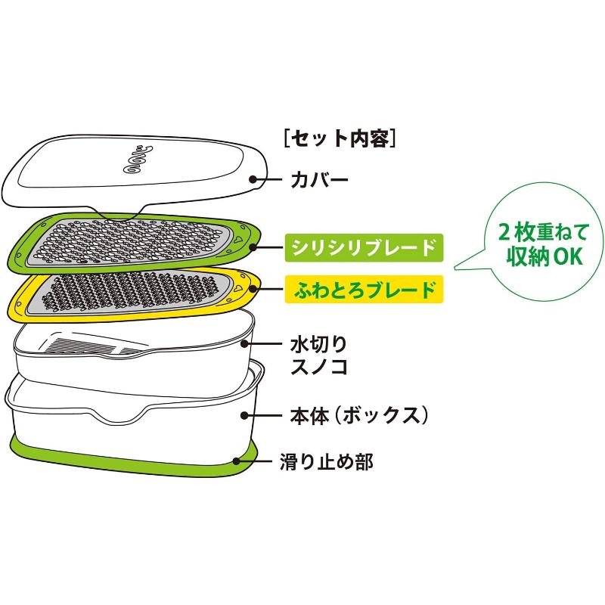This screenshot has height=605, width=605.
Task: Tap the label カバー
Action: click(x=319, y=180)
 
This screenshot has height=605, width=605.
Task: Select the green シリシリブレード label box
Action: click(x=364, y=248)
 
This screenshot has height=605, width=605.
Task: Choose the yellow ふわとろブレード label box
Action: click(x=364, y=289)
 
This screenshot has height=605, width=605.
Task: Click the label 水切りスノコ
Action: click(x=319, y=355)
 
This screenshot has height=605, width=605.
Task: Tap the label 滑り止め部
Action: click(x=327, y=461)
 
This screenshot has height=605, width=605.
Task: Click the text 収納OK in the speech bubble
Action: click(x=544, y=255)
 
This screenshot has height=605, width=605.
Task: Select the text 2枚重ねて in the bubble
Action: click(x=543, y=232)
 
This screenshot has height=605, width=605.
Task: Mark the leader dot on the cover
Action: click(x=253, y=179)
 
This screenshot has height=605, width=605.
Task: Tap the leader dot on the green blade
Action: click(x=253, y=247)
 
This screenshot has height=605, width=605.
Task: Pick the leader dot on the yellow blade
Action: click(x=253, y=288)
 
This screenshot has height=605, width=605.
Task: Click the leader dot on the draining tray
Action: click(x=244, y=343)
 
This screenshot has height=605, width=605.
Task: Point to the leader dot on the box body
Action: click(x=244, y=415)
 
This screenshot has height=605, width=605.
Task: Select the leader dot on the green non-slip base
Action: click(x=236, y=461)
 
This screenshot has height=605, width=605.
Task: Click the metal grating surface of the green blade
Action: click(x=129, y=242)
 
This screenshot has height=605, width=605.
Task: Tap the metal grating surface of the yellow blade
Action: click(x=129, y=292)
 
